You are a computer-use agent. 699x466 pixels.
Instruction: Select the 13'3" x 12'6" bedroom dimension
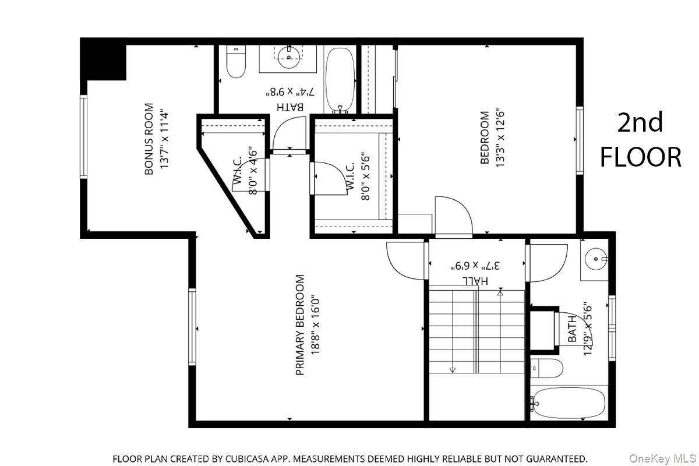coord(499,139)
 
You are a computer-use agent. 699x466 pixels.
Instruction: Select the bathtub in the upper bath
coord(340,80)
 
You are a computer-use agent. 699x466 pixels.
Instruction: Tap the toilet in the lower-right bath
coord(547,368)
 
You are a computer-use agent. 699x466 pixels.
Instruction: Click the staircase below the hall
coord(476,332)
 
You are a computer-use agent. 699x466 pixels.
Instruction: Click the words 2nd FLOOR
coord(640,140)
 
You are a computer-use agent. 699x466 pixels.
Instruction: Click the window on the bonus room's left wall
coord(83,137)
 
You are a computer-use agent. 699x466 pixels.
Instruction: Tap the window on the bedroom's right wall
coord(580,140)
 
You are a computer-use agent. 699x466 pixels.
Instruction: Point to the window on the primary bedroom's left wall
coord(192,327)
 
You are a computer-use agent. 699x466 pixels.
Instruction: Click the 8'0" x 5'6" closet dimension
coord(365,176)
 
